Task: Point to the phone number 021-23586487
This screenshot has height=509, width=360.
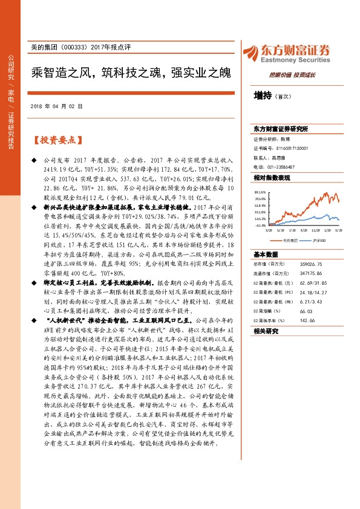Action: coord(280,166)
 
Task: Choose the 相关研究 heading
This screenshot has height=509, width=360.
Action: coord(266,331)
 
